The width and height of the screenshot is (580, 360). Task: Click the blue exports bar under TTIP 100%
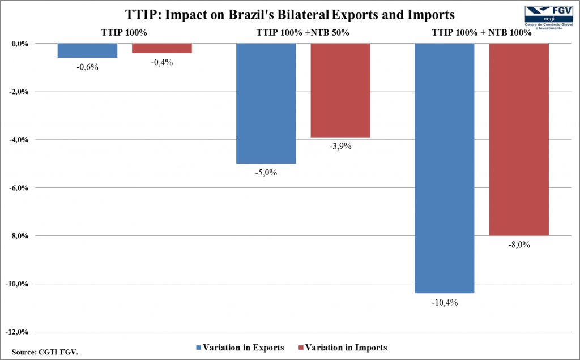[87, 50]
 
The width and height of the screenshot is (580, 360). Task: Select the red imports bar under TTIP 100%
[162, 48]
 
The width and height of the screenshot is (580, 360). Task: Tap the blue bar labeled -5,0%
[266, 103]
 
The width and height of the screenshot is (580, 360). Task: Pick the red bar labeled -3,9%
[340, 90]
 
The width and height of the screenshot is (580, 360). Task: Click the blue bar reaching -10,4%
[445, 168]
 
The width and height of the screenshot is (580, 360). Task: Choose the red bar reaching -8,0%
[519, 139]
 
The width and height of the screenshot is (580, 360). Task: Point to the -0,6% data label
[87, 67]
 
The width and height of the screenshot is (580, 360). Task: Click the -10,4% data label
[445, 302]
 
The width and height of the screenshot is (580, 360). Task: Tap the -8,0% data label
[519, 245]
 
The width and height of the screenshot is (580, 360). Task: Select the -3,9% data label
[340, 146]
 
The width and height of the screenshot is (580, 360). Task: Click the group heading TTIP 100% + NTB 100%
[482, 32]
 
